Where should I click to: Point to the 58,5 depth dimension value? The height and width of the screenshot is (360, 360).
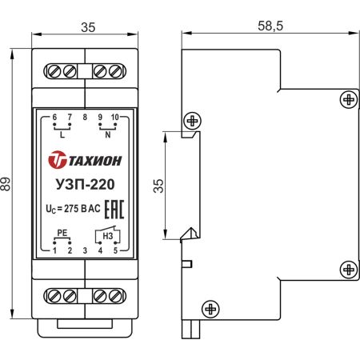(270, 26)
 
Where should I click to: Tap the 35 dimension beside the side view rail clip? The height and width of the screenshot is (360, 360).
(158, 186)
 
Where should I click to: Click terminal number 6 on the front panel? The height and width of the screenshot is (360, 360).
(54, 118)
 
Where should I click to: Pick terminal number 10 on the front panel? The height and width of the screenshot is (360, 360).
(115, 118)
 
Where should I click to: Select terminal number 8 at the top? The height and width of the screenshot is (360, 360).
(85, 118)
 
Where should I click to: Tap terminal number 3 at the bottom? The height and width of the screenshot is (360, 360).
(85, 251)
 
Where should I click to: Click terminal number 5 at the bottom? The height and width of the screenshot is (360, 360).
(115, 251)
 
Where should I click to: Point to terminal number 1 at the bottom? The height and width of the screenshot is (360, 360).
(54, 251)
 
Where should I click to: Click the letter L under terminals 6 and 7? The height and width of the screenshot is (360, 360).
(62, 135)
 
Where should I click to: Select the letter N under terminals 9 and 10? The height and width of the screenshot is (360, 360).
(107, 135)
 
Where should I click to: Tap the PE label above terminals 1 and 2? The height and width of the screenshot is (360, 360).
(62, 234)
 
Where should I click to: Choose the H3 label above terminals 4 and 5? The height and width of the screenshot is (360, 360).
(108, 236)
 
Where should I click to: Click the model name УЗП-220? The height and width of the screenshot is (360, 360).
(85, 185)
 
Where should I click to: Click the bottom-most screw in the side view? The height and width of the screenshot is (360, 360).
(210, 307)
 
